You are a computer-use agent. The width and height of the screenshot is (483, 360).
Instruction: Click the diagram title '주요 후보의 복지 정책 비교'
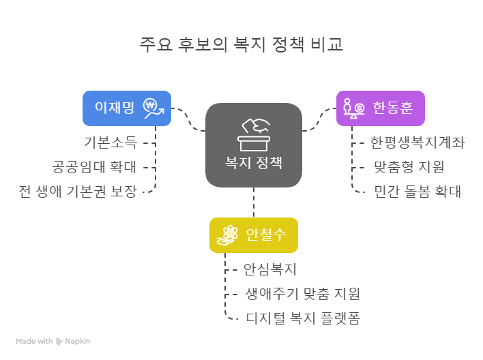pos(241,44)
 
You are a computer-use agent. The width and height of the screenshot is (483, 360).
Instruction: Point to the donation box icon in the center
pos(254,134)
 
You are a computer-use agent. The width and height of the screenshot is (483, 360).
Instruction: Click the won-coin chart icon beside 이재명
pos(153,108)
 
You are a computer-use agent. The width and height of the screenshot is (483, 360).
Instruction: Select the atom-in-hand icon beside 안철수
pos(227,235)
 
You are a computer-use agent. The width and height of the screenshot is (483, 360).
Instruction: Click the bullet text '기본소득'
pos(110,143)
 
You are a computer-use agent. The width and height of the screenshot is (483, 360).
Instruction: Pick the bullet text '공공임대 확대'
pos(94,167)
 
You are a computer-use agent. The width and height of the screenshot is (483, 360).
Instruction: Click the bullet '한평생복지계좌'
pos(418,143)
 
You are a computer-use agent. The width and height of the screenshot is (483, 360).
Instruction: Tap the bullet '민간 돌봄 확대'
pos(418,192)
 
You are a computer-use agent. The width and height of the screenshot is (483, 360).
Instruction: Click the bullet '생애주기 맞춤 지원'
pos(302,294)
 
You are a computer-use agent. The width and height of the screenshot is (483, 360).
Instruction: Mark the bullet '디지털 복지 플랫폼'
pos(302,318)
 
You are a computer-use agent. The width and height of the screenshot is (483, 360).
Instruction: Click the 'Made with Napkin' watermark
pos(53,341)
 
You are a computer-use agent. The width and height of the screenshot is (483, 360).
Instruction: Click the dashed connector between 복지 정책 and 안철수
pos(254,202)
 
